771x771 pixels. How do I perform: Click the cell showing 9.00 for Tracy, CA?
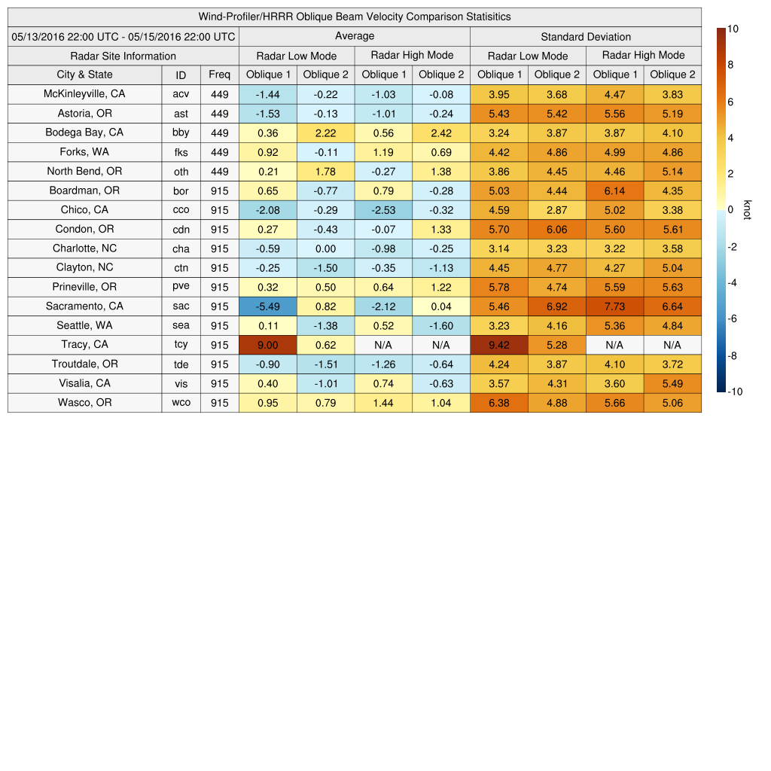[x=268, y=345]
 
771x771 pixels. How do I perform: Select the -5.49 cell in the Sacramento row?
[x=268, y=306]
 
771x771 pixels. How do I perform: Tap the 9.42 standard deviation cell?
[x=499, y=345]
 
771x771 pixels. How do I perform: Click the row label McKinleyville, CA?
[x=84, y=94]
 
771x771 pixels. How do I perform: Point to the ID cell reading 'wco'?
[x=181, y=403]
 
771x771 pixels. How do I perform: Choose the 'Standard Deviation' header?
[x=586, y=37]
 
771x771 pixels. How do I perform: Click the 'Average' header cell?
[x=354, y=36]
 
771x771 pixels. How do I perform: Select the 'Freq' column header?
[x=219, y=75]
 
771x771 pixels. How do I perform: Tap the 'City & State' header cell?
[x=84, y=75]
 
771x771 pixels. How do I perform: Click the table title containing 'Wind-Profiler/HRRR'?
[x=354, y=17]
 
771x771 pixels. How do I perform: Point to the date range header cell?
[x=123, y=36]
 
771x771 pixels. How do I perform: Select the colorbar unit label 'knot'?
[x=747, y=210]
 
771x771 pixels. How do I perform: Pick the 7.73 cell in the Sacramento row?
[x=614, y=306]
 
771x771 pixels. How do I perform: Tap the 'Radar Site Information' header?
[x=123, y=56]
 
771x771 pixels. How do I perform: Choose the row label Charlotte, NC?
[x=84, y=248]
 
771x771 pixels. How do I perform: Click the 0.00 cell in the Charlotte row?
[x=325, y=248]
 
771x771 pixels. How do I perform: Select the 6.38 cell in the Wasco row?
[x=499, y=403]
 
